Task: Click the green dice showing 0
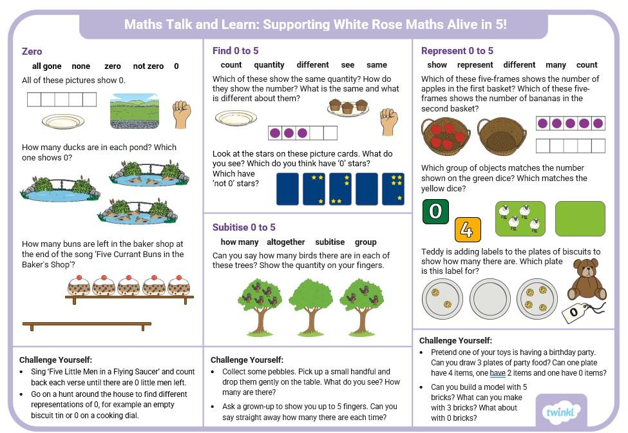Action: (435, 211)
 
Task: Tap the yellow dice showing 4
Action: (468, 229)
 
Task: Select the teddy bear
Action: (587, 280)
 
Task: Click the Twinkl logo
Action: (561, 411)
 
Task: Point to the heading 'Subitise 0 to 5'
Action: (244, 227)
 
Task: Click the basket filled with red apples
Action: (446, 136)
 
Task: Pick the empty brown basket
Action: (502, 136)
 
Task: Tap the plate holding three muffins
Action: (348, 108)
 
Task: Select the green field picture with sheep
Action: (520, 218)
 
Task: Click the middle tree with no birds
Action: (311, 307)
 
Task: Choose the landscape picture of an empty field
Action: (135, 111)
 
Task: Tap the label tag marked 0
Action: (576, 312)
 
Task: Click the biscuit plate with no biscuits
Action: (490, 299)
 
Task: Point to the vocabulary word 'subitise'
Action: (330, 242)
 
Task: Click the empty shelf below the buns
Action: (87, 325)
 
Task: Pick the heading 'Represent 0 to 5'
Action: (457, 51)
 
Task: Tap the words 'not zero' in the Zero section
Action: (148, 66)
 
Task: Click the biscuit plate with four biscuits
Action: (537, 299)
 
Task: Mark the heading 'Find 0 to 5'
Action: (236, 51)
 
